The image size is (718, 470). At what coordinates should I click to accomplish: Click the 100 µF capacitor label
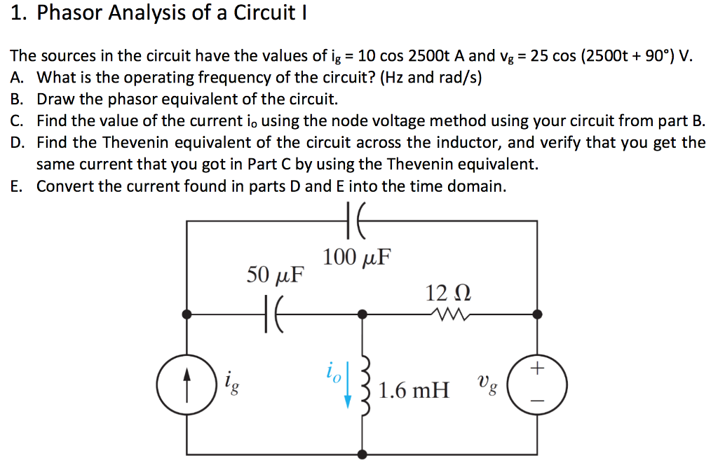tap(356, 257)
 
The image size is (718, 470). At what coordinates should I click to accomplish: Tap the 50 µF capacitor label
tap(276, 274)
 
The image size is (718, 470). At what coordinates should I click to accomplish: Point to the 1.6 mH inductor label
tap(414, 389)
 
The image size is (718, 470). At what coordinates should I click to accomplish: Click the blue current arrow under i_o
tap(348, 394)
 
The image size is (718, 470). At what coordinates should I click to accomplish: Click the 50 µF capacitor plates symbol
tap(274, 315)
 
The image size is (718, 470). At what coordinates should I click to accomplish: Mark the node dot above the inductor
tap(363, 315)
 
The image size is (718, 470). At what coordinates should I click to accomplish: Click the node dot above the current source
tap(187, 315)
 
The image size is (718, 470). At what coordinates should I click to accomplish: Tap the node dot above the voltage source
tap(538, 315)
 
